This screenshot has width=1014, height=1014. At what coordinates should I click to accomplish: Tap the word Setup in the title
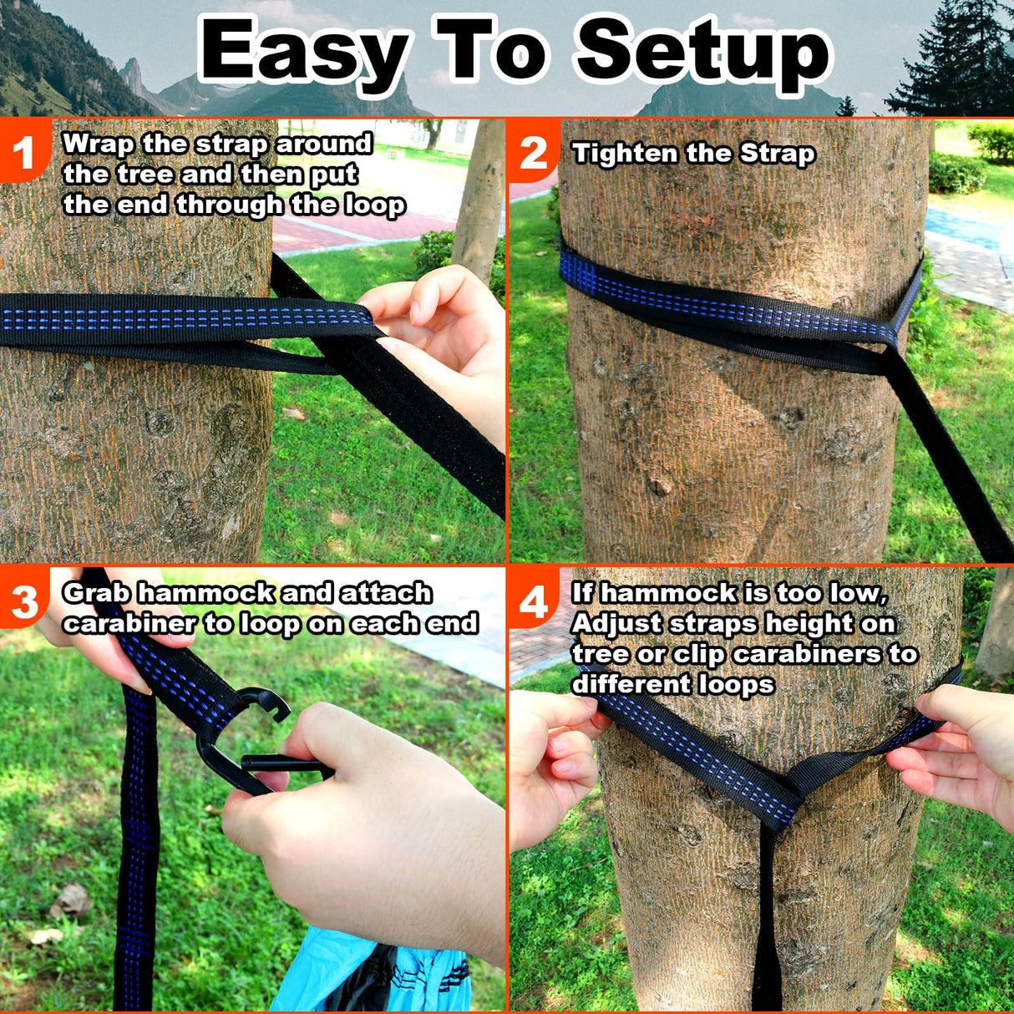pos(702,52)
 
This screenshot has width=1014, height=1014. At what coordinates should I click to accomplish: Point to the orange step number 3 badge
pos(23,602)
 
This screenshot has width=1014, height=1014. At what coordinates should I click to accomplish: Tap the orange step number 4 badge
pos(533,602)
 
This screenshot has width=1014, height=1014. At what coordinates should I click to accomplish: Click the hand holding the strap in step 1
pos(443,334)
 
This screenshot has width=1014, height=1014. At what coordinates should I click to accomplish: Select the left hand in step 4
pos(551,760)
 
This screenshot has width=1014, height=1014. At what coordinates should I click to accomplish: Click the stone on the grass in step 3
pos(71,902)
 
